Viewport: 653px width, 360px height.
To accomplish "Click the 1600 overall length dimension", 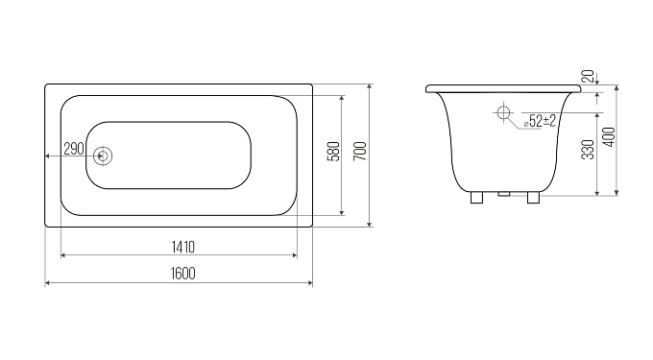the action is tap(183, 274).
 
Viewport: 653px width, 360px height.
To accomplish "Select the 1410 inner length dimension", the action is tap(183, 248).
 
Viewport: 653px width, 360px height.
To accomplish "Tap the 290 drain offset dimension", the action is tap(74, 148).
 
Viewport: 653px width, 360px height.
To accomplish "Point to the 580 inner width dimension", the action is tap(334, 152).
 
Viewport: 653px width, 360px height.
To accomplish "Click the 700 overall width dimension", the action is tap(361, 152).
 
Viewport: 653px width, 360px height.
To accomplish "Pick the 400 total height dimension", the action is tap(609, 137).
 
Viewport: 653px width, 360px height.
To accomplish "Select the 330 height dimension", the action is tap(588, 150).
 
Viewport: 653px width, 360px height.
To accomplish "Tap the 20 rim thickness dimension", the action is tap(587, 76).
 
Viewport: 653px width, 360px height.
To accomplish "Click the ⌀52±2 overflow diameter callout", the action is tap(540, 121).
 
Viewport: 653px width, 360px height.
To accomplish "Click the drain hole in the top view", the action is tap(103, 156).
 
